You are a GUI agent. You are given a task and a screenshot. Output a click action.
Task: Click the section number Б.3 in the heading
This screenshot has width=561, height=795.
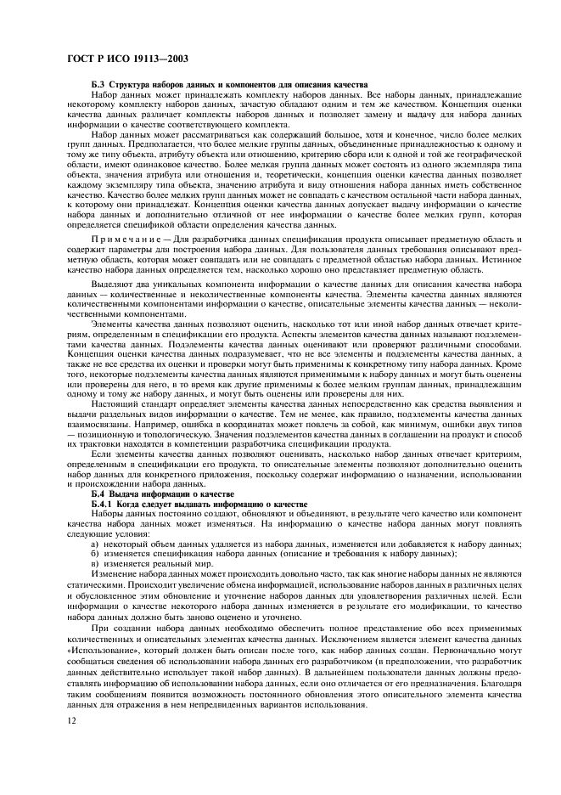click(98, 87)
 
